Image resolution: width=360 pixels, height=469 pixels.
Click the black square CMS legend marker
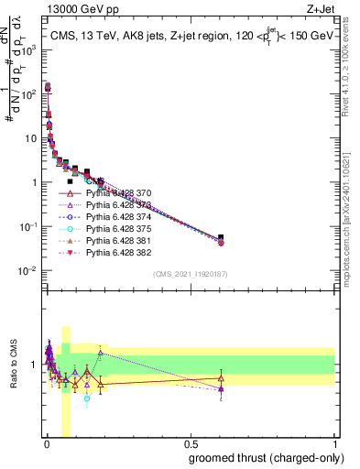pyautogui.click(x=70, y=181)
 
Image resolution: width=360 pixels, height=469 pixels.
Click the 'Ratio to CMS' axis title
pyautogui.click(x=12, y=365)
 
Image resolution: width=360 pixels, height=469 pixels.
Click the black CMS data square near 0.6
pyautogui.click(x=220, y=238)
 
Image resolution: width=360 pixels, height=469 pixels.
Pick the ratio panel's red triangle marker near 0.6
pyautogui.click(x=220, y=378)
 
